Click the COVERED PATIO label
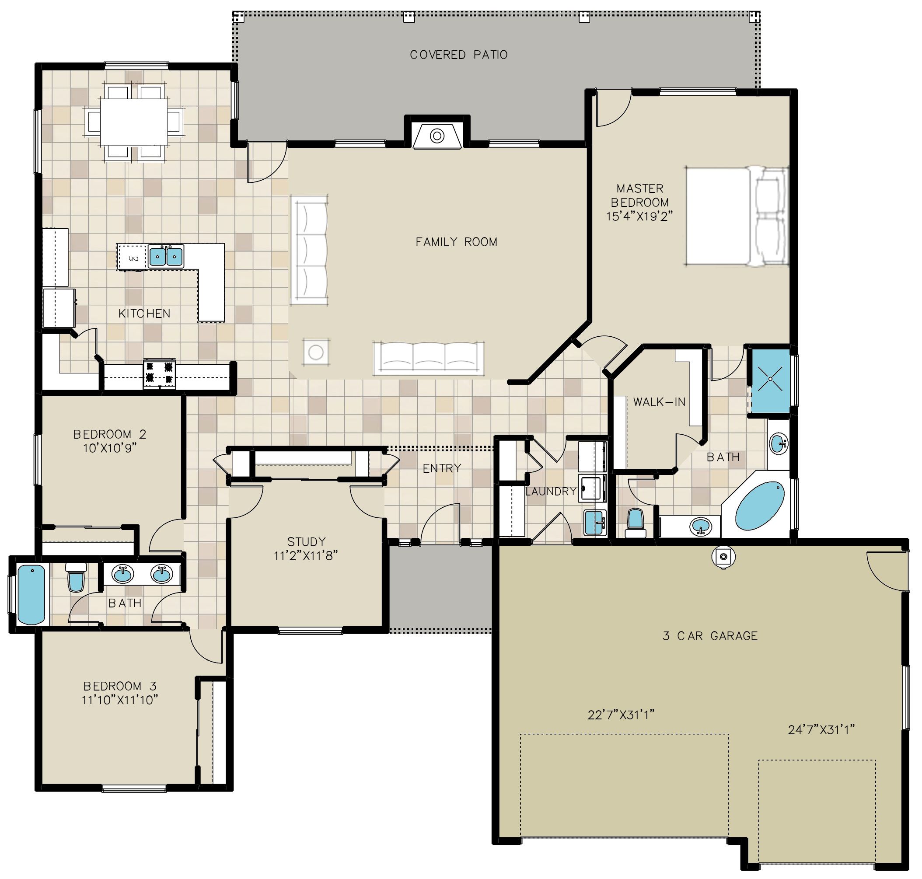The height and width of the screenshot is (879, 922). click(458, 55)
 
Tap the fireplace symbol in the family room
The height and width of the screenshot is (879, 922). click(437, 136)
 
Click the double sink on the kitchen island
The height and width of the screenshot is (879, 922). click(165, 256)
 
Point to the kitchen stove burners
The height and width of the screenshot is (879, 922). click(159, 374)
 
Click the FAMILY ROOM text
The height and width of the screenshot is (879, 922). click(456, 242)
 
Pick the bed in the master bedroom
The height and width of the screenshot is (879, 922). click(737, 216)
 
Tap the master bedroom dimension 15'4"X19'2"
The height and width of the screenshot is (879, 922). click(639, 216)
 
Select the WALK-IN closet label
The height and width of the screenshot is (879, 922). click(659, 401)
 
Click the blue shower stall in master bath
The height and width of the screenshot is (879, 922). click(770, 379)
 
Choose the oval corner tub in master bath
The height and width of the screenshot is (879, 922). click(759, 506)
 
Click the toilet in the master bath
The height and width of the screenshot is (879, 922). click(635, 523)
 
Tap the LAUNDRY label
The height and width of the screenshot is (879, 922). click(550, 491)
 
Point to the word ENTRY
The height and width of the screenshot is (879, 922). click(442, 468)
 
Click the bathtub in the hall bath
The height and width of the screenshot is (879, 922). click(31, 594)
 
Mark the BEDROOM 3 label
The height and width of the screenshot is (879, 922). click(119, 686)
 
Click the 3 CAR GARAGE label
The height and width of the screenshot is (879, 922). click(710, 636)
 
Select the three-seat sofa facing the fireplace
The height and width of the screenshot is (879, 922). click(428, 358)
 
